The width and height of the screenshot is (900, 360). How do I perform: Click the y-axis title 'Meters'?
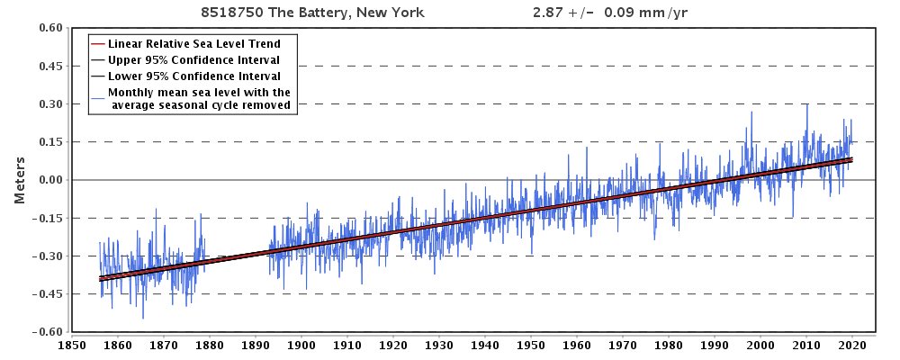tap(19, 180)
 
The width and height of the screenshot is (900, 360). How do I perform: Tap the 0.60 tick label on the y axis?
tap(49, 28)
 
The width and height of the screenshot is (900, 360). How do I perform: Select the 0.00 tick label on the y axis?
tap(49, 180)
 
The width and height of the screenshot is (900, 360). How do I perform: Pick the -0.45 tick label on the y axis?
tap(47, 293)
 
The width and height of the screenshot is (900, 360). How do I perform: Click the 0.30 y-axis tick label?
tap(49, 104)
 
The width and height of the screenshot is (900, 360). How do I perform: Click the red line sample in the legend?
tap(97, 44)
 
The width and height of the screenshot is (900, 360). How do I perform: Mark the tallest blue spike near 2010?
tap(806, 104)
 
